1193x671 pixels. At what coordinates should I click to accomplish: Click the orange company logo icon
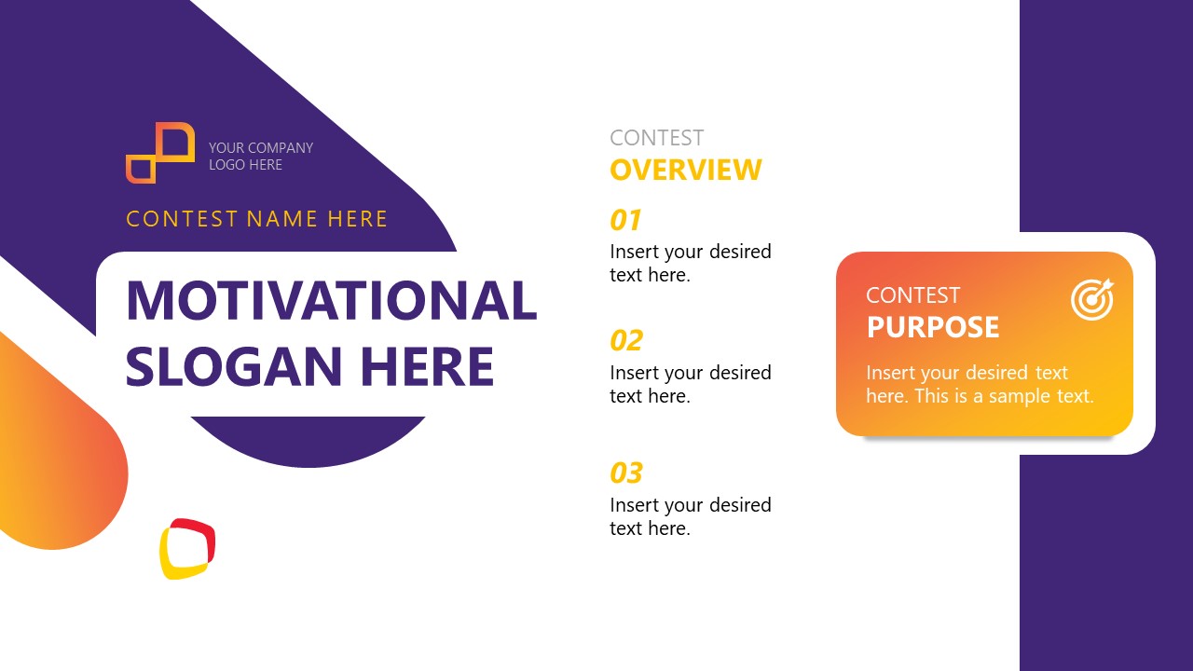(x=160, y=153)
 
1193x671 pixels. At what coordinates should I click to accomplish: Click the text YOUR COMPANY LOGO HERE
(x=261, y=156)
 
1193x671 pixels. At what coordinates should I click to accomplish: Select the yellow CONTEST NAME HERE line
(x=256, y=219)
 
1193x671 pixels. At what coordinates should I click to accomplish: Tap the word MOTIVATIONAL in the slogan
(x=331, y=300)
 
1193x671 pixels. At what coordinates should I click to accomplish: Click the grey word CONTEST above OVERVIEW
(x=656, y=138)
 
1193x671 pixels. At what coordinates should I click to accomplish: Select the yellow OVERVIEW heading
(x=685, y=170)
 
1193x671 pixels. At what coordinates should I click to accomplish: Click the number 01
(x=626, y=220)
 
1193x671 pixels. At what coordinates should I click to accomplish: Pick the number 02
(x=626, y=340)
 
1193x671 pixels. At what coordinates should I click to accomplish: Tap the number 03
(x=626, y=472)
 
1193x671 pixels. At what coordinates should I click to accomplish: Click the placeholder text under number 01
(x=690, y=263)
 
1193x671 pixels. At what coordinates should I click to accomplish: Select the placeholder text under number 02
(x=690, y=384)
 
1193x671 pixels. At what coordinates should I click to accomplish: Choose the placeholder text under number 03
(x=690, y=516)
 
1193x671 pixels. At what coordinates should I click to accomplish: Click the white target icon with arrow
(x=1091, y=298)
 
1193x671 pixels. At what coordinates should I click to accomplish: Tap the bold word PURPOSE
(x=933, y=327)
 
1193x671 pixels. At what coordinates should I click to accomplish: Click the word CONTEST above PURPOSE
(x=912, y=295)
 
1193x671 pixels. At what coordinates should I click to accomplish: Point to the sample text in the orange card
(x=979, y=384)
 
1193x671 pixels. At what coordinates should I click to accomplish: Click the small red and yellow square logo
(x=187, y=548)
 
